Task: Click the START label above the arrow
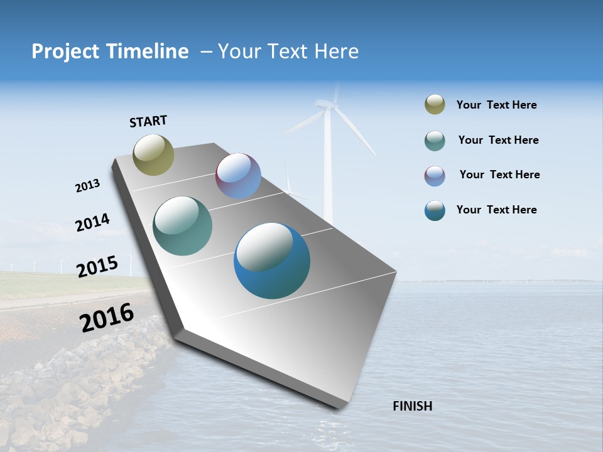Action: click(148, 121)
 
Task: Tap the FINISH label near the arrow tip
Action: click(412, 406)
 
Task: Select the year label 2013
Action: click(87, 186)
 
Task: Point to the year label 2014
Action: click(92, 223)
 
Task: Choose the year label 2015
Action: click(97, 267)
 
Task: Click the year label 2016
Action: click(107, 318)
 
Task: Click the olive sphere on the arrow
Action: click(153, 154)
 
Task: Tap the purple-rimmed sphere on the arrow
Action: click(238, 176)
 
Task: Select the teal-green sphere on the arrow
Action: click(183, 226)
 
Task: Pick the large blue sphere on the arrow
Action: click(272, 261)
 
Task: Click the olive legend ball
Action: click(435, 105)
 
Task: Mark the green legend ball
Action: click(435, 141)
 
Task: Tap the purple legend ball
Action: click(435, 176)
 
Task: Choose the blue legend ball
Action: click(435, 210)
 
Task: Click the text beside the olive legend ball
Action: click(496, 105)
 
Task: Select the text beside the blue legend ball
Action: click(496, 210)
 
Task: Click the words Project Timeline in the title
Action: click(110, 51)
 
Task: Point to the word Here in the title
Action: click(336, 51)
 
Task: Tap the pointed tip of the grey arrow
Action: click(342, 408)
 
